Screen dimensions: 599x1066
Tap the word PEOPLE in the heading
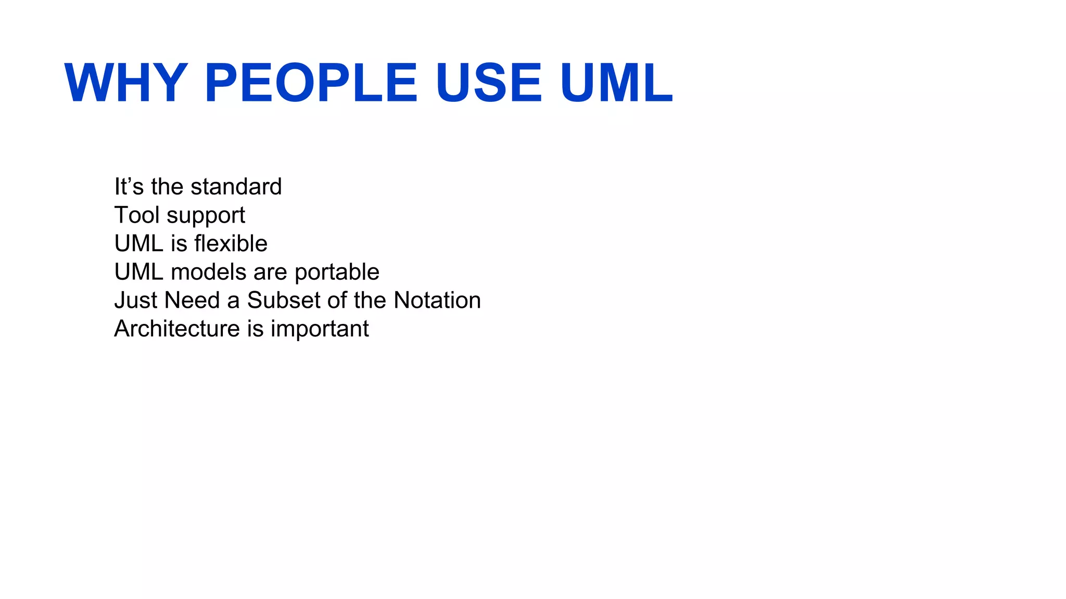coord(311,83)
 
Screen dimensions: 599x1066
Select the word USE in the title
coord(489,83)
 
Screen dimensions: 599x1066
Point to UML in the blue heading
coord(616,83)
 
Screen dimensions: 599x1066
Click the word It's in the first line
coord(129,187)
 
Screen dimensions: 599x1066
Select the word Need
coord(192,301)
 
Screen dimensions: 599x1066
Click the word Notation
coord(437,301)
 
